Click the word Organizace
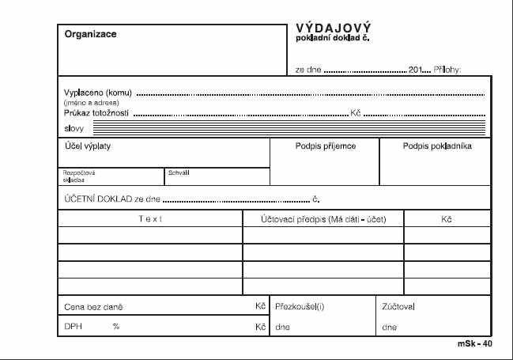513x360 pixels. [x=91, y=34]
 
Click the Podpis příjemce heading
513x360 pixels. [x=325, y=146]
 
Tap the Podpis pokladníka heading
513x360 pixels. [x=437, y=146]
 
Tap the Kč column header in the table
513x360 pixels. [x=446, y=218]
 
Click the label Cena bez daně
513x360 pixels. [x=93, y=306]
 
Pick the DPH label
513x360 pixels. [x=73, y=327]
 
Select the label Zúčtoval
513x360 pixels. [x=398, y=305]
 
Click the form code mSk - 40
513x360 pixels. [x=474, y=345]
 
